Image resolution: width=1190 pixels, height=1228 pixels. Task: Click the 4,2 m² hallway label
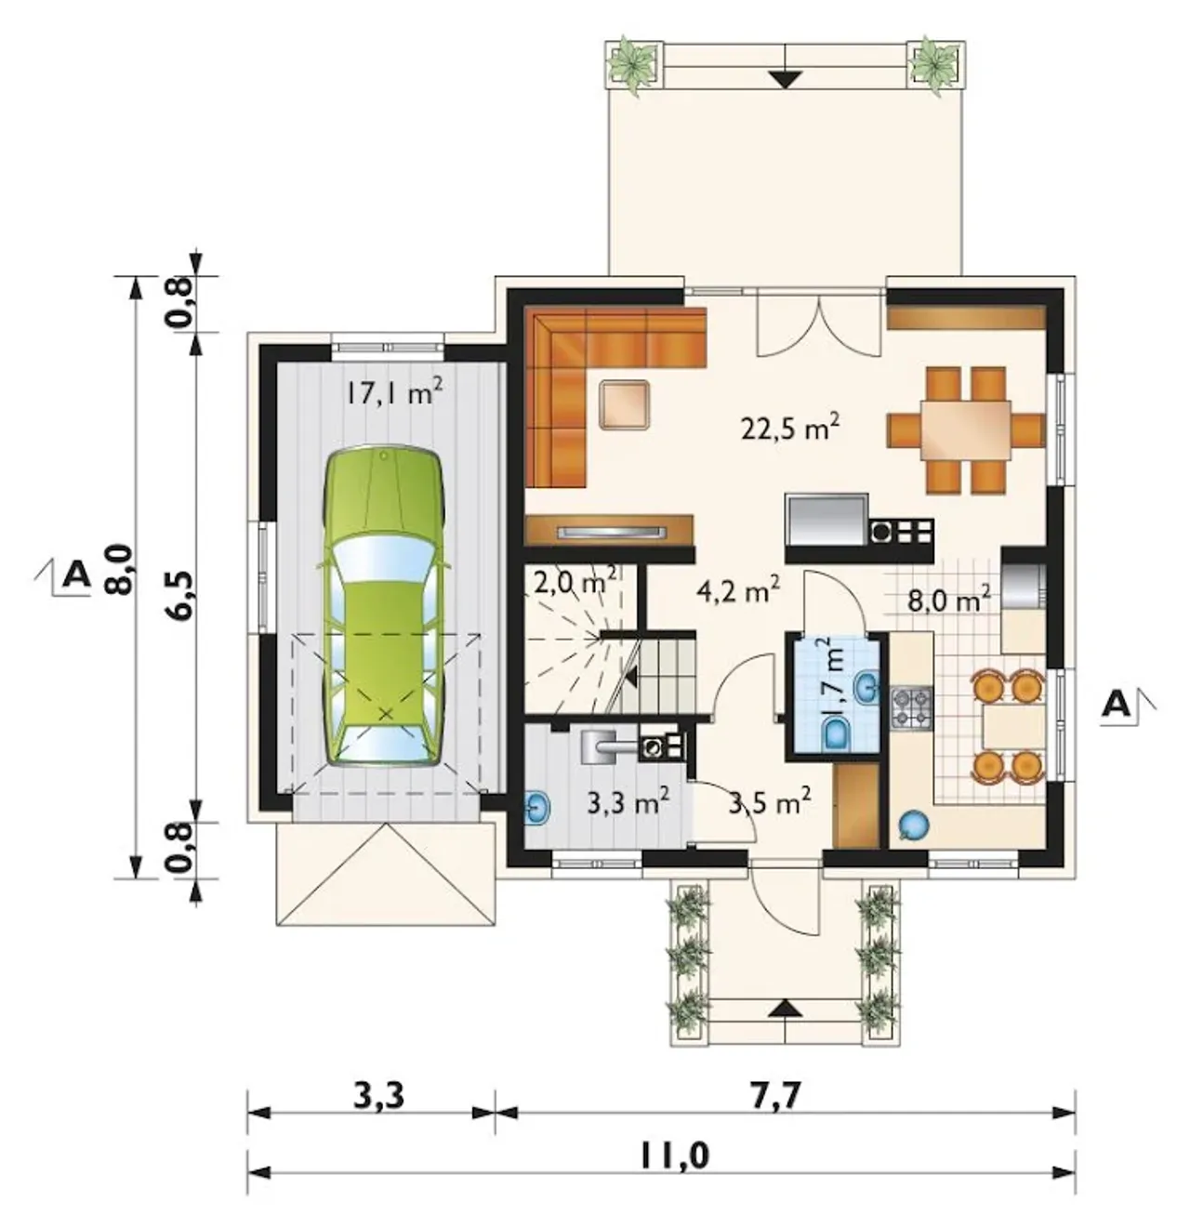tap(738, 591)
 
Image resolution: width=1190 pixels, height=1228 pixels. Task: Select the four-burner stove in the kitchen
tap(911, 708)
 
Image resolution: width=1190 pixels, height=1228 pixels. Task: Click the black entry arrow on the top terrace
tap(785, 80)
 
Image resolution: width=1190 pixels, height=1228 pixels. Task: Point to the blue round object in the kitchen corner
tap(913, 825)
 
